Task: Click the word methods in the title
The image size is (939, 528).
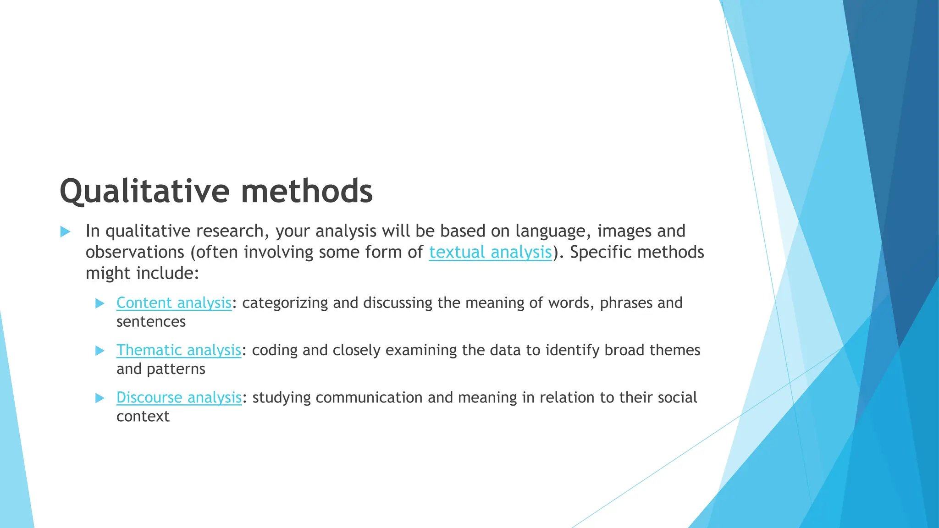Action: tap(307, 191)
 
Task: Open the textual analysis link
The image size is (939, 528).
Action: tap(490, 253)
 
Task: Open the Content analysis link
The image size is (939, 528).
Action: tap(174, 303)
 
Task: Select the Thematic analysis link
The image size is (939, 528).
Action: tap(178, 350)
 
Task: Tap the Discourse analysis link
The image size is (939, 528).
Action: tap(179, 397)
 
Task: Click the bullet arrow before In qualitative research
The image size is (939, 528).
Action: tap(65, 231)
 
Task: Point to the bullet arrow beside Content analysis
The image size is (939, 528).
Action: tap(99, 303)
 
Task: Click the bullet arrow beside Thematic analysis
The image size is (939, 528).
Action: tap(99, 351)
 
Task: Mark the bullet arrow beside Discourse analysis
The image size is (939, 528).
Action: tap(99, 398)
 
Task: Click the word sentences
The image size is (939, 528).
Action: tap(151, 322)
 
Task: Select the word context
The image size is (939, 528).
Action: tap(143, 416)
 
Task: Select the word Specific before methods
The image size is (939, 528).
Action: tap(600, 253)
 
